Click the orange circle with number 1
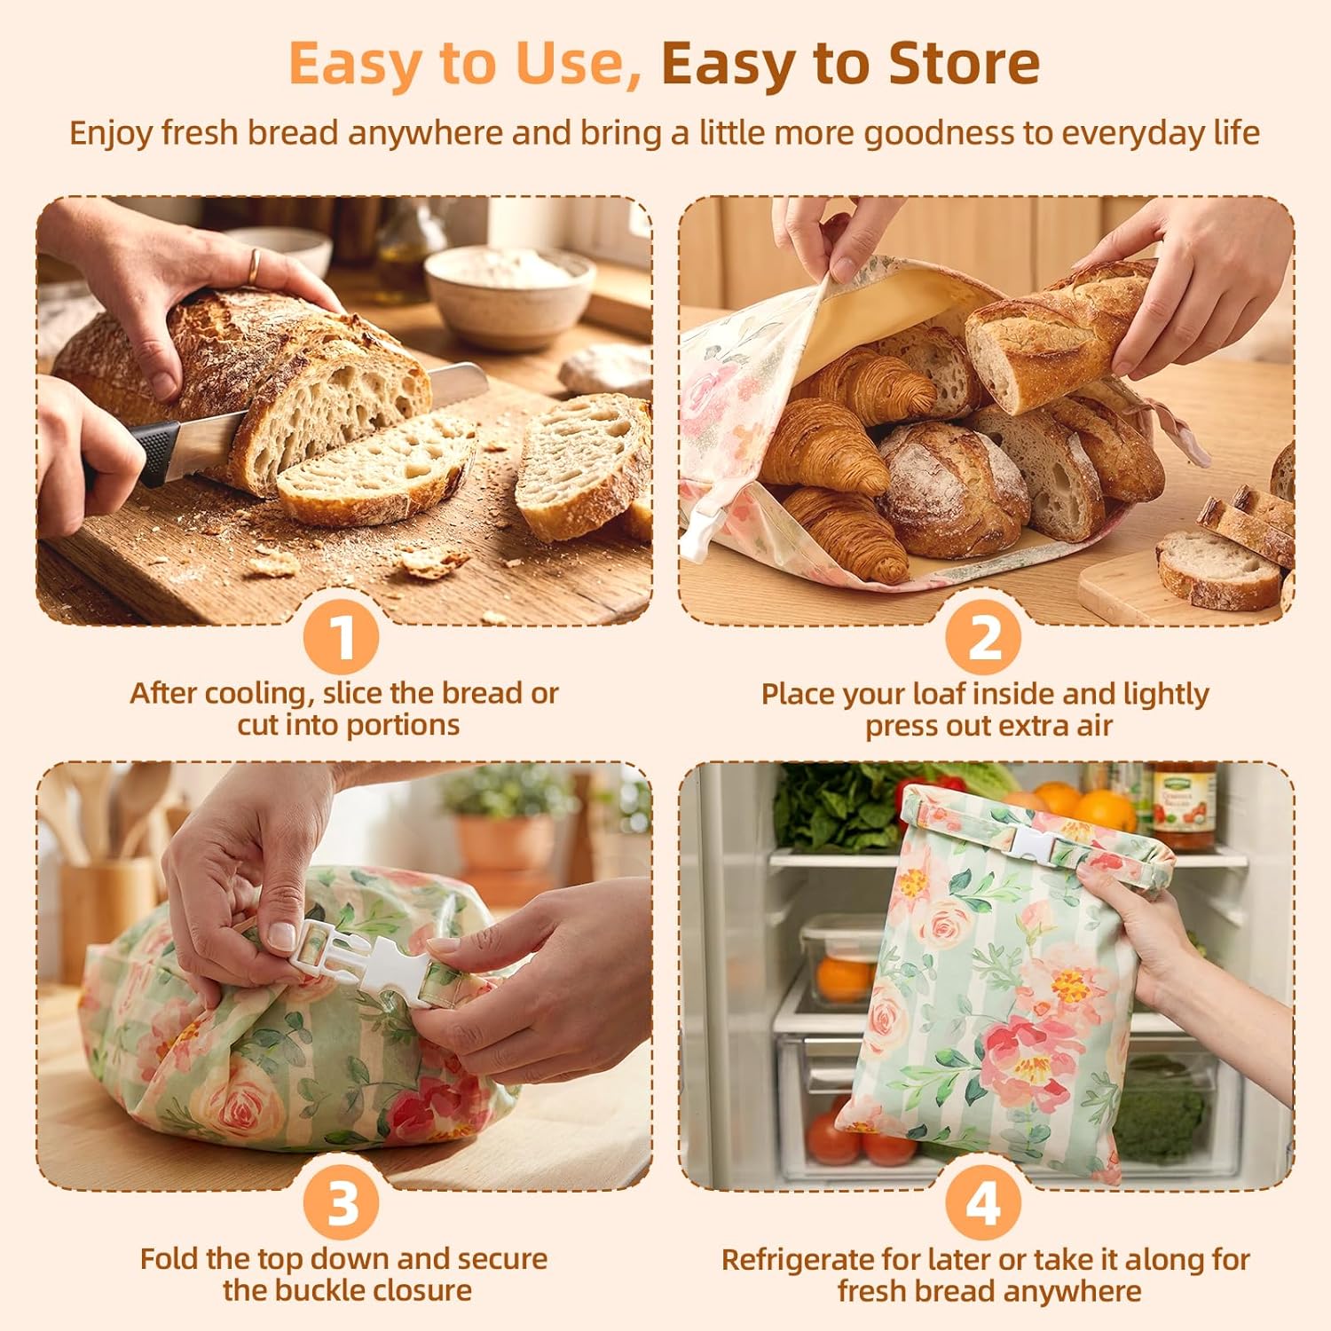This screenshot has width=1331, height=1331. [342, 637]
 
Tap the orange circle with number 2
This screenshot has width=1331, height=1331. [983, 637]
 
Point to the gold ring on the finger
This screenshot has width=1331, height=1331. [255, 266]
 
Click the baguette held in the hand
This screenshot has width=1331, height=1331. [1060, 333]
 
